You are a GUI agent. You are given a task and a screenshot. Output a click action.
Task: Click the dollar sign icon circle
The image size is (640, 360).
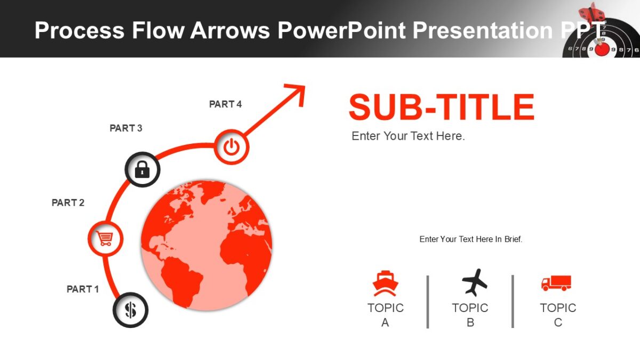131,310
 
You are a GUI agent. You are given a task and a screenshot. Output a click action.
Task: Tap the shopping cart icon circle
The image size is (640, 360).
105,238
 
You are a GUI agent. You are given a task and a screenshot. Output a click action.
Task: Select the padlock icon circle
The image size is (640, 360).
142,170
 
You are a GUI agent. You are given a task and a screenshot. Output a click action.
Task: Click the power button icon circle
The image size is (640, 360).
231,147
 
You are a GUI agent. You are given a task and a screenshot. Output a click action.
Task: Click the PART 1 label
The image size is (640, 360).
83,289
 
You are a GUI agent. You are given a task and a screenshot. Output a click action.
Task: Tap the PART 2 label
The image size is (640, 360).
68,203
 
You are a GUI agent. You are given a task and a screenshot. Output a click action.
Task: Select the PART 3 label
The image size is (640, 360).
126,128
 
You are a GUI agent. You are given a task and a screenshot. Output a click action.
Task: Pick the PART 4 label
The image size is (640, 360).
225,104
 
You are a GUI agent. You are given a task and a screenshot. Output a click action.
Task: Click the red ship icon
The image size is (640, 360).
385,284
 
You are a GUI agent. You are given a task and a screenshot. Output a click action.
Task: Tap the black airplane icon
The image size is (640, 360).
474,282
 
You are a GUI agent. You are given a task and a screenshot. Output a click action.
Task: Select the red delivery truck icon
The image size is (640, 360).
556,283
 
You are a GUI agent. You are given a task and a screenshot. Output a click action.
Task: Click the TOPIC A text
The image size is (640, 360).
385,315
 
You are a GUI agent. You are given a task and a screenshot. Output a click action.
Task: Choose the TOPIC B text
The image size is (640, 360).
470,315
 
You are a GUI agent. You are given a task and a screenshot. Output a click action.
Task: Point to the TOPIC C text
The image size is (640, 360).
558,315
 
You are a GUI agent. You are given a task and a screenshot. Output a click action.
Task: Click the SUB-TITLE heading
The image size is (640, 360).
441,107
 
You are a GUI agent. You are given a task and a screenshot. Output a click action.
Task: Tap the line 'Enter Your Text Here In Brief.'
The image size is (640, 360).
471,239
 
